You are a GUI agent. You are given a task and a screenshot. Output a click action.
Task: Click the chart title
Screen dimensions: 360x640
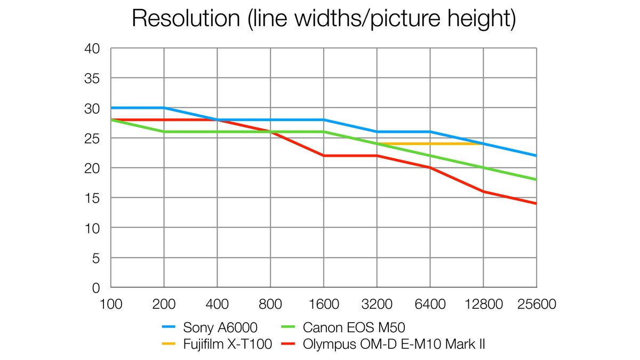tap(324, 19)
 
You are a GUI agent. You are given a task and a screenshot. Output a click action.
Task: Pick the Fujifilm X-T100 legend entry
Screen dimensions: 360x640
tap(217, 345)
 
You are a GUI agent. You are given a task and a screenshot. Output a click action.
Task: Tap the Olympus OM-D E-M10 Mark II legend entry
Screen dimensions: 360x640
tap(381, 345)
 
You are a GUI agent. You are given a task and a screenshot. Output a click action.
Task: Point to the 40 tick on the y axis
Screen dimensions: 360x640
tap(93, 49)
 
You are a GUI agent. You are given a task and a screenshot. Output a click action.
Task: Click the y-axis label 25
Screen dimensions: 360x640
tap(93, 138)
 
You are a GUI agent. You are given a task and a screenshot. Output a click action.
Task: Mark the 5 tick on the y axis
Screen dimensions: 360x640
tap(97, 258)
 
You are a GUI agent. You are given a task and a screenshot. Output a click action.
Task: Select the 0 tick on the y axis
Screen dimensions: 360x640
tap(97, 288)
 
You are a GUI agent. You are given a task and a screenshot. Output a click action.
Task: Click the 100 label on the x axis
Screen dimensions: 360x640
tap(110, 305)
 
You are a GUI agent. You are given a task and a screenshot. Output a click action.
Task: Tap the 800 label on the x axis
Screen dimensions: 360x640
tap(270, 305)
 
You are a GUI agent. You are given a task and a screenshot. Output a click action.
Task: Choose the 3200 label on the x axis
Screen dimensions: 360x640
tap(377, 305)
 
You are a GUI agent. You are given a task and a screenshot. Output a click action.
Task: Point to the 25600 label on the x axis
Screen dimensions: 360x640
tap(536, 305)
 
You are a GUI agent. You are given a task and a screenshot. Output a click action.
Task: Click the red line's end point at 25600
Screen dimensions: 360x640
tap(536, 203)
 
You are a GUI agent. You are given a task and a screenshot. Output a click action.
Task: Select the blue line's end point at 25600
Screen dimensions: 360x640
tap(536, 156)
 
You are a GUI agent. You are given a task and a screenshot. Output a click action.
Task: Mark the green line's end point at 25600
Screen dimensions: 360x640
tap(536, 180)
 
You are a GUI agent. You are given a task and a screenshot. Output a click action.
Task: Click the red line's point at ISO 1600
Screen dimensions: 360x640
tap(324, 156)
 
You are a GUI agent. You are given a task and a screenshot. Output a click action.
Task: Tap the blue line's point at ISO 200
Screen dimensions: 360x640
tap(164, 108)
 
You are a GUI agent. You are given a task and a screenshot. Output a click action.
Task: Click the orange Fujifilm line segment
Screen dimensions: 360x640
tap(430, 143)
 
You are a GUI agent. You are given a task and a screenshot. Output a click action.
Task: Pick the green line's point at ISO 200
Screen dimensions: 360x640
tap(164, 132)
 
